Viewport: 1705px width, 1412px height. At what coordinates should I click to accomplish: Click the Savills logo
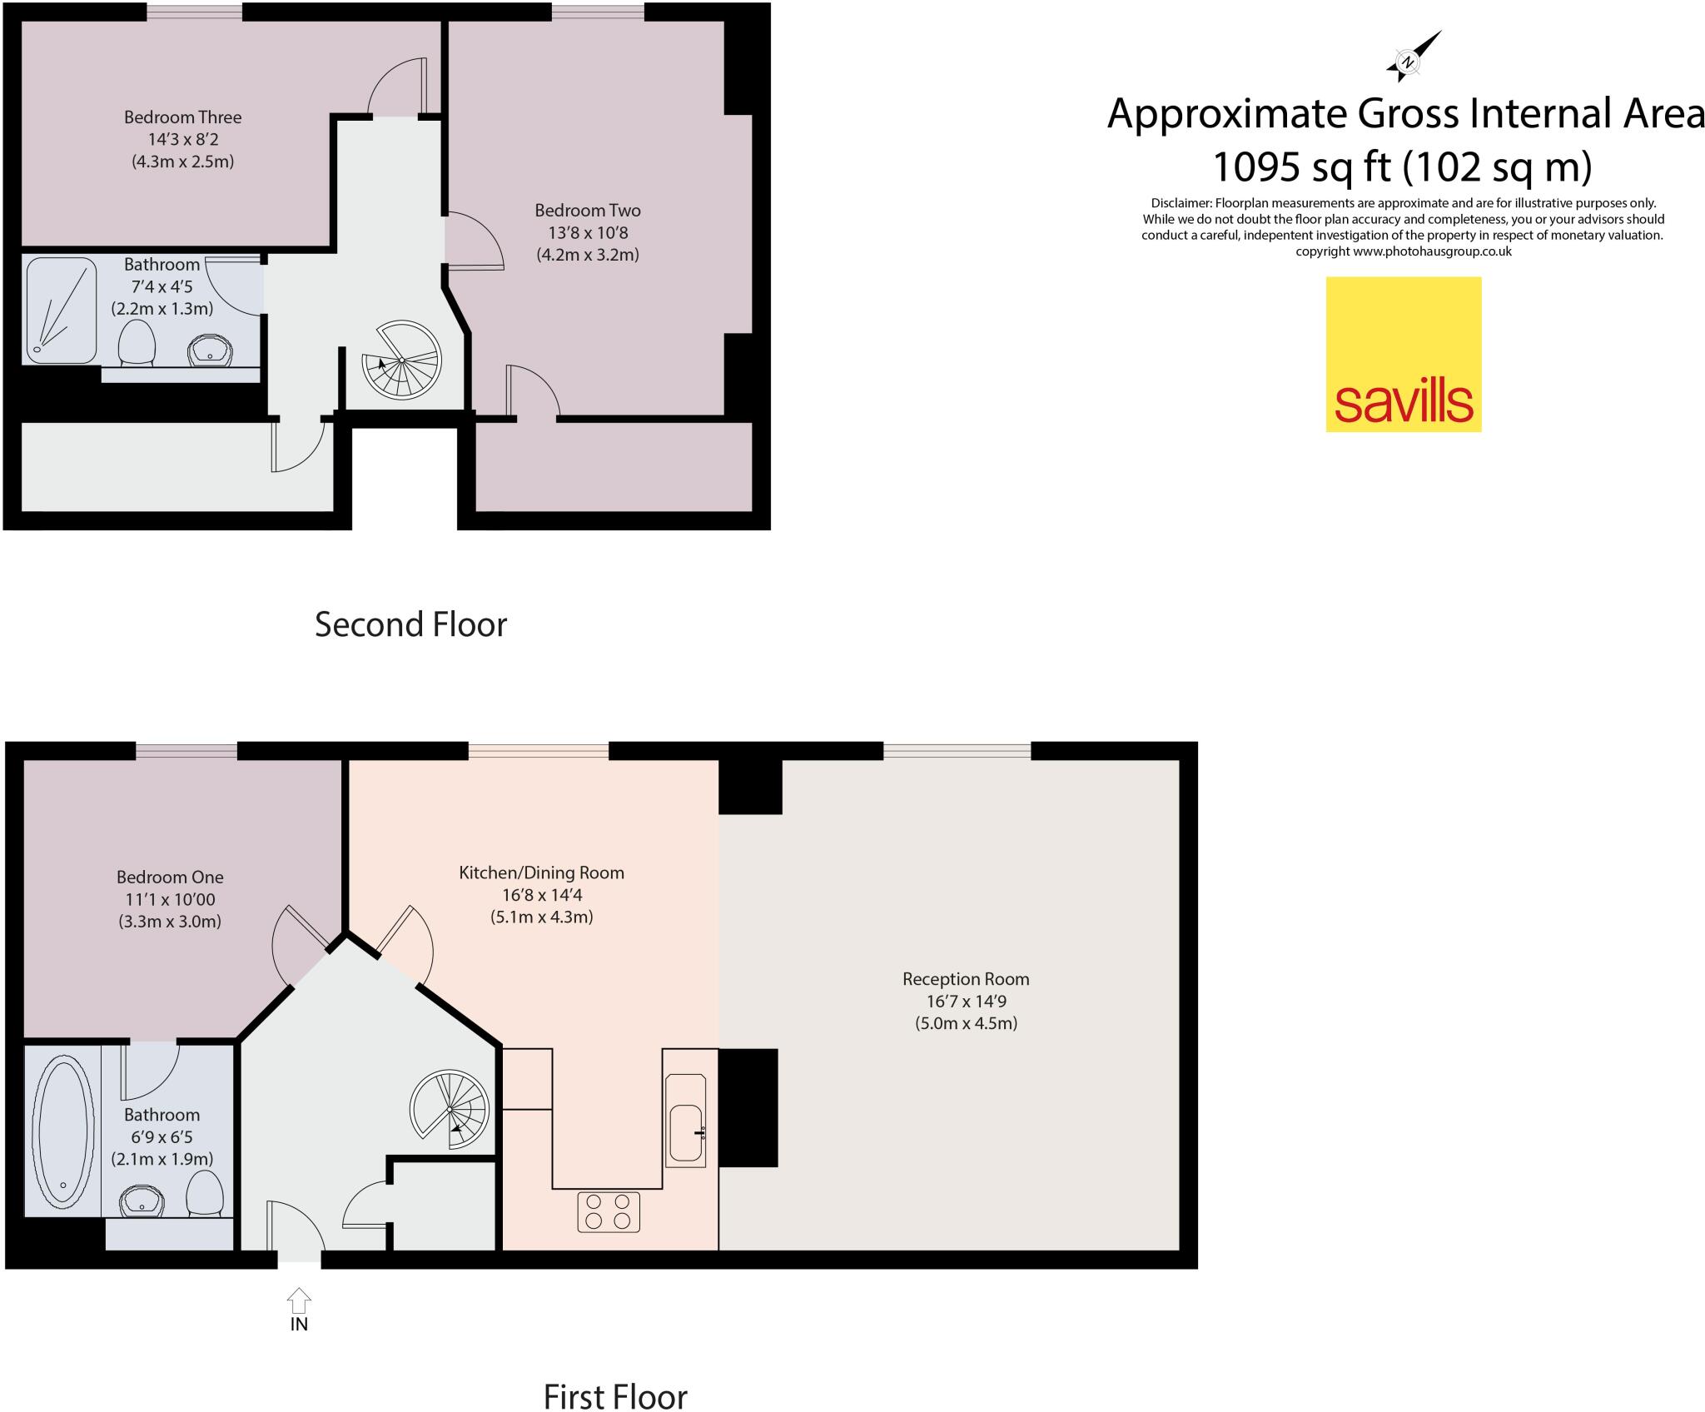[1403, 354]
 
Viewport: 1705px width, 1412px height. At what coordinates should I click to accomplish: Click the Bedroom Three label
[182, 117]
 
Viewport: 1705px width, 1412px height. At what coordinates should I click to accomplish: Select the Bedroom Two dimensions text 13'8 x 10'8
[587, 233]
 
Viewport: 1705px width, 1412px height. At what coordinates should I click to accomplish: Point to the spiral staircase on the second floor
[401, 360]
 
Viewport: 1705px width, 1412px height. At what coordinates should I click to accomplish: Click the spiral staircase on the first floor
[449, 1110]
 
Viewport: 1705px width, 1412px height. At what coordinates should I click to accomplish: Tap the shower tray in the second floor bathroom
[61, 311]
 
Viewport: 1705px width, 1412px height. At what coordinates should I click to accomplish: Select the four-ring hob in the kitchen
[609, 1211]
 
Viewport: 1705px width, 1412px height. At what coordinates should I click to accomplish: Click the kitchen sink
[687, 1133]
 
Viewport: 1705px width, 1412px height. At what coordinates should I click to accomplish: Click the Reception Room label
[966, 979]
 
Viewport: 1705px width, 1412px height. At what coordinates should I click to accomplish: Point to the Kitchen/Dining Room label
[541, 873]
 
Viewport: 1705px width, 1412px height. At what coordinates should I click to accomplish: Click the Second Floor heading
[410, 624]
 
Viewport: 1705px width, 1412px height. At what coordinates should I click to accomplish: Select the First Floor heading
[615, 1396]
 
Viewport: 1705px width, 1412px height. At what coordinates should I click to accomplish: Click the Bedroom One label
[170, 877]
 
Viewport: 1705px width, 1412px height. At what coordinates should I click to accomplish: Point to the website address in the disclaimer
[1432, 251]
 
